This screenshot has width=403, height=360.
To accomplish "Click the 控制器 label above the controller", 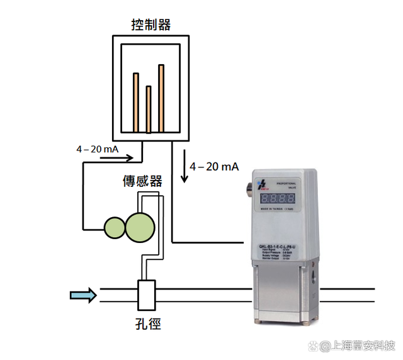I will (x=151, y=25).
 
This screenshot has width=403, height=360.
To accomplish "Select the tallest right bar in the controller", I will (x=161, y=98).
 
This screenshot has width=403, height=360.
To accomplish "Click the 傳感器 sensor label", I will (x=142, y=181).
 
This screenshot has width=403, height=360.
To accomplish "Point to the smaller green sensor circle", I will (x=115, y=227).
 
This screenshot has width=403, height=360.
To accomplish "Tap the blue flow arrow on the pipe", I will (x=83, y=295).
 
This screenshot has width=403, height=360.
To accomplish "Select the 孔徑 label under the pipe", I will (x=149, y=325).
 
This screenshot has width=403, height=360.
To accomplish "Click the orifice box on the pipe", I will (x=147, y=295).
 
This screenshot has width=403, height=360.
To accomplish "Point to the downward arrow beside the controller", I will (x=184, y=167).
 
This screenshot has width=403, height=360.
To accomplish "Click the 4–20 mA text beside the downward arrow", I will (x=214, y=166).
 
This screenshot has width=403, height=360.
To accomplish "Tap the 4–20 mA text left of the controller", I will (x=98, y=149).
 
